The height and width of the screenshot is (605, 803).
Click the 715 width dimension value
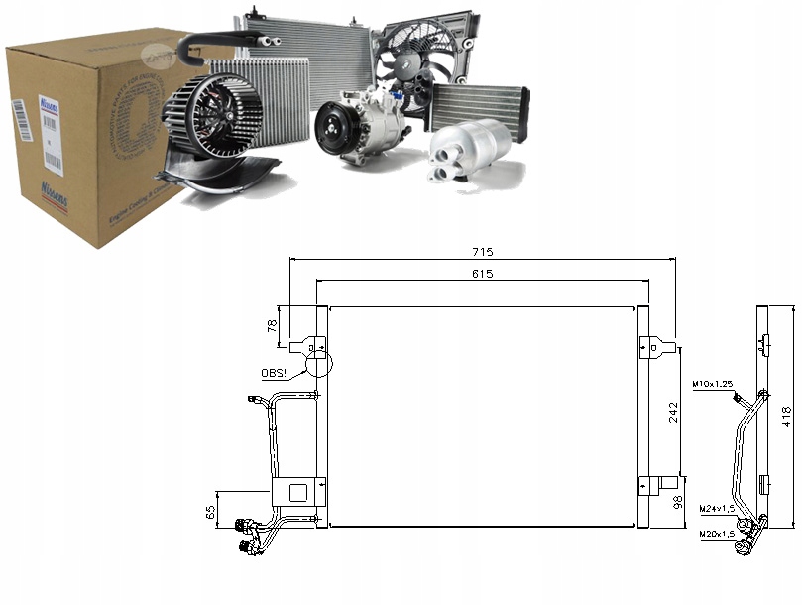482,253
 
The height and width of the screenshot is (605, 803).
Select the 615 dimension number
482,273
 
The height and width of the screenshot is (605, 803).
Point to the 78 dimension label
272,326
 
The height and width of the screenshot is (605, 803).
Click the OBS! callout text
275,373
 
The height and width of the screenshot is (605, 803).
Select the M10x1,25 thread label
712,383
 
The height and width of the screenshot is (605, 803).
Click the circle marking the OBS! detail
319,364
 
